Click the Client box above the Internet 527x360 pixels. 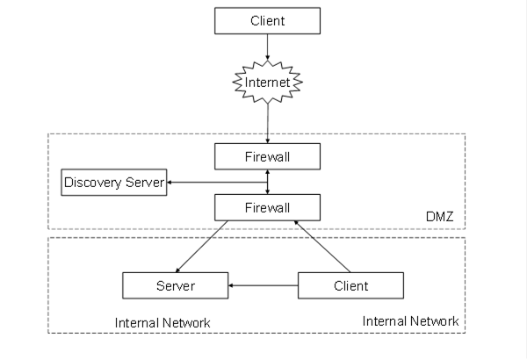268,21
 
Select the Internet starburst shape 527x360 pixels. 268,82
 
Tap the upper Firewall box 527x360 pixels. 268,156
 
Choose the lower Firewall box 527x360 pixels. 268,207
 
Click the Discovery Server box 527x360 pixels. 114,182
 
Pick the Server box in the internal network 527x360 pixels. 176,285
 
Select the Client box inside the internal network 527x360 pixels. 350,285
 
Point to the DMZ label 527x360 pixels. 440,217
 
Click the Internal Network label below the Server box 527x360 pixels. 162,323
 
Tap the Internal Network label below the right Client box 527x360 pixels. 410,321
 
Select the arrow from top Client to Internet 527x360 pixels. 268,47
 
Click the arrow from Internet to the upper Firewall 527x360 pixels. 268,123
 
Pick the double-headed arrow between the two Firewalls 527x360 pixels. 268,182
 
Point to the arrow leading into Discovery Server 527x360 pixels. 217,182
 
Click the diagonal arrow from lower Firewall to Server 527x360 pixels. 202,247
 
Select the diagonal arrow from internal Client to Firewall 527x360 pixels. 322,247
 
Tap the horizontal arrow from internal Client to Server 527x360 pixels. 263,285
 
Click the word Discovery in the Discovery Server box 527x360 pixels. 93,183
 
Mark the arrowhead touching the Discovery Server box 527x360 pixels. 170,182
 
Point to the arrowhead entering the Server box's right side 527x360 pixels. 231,285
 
